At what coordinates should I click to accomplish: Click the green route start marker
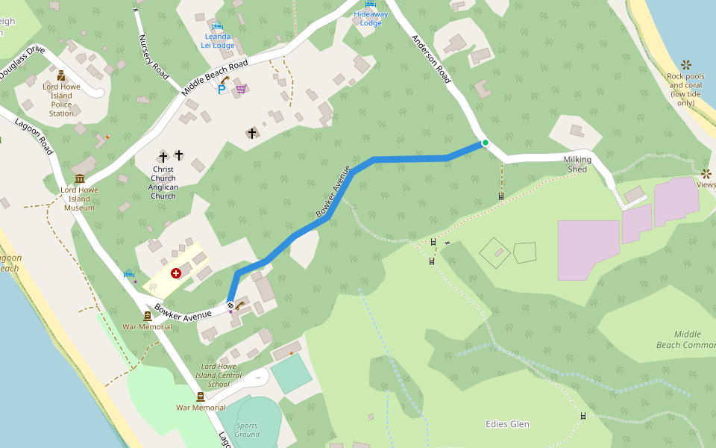(485, 143)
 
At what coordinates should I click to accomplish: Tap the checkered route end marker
(230, 305)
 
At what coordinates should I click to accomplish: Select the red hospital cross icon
(176, 274)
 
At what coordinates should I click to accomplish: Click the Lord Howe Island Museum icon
(79, 178)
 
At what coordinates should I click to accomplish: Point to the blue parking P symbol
(222, 90)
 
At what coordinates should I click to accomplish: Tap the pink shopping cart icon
(240, 89)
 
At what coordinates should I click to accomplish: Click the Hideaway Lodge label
(371, 18)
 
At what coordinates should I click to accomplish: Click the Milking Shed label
(577, 164)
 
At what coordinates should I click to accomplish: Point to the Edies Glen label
(507, 424)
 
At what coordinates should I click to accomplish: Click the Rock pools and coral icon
(685, 65)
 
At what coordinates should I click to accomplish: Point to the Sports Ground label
(247, 429)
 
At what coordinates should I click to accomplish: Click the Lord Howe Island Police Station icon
(61, 75)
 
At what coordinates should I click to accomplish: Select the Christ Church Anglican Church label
(163, 182)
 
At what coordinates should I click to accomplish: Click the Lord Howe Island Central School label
(219, 375)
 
